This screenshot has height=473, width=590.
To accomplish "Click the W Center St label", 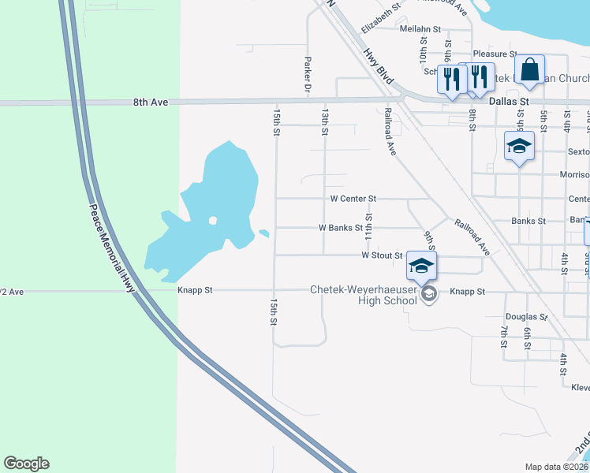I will point(353,199).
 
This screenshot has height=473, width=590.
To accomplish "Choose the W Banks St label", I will point(340,227).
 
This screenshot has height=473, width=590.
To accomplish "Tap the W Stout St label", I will point(382,255).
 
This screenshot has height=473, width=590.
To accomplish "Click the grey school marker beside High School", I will point(429,296).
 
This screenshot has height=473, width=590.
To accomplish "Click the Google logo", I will point(26,464).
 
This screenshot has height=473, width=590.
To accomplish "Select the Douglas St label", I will point(526,316).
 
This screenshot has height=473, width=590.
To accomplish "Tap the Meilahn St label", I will point(420,28).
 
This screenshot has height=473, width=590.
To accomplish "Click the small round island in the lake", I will point(212,221).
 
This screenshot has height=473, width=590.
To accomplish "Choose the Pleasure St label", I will point(494,54).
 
